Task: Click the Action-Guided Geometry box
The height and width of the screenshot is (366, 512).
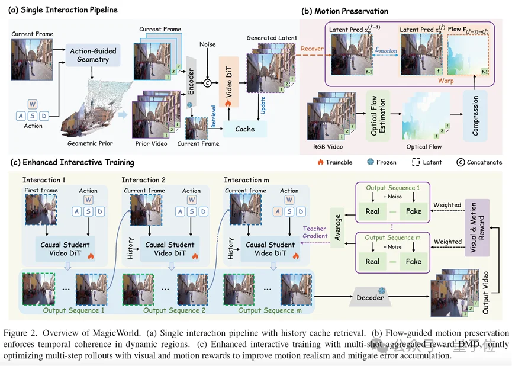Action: click(x=93, y=55)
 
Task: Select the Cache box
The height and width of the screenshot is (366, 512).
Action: click(x=244, y=129)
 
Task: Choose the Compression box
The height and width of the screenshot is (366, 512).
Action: click(x=475, y=114)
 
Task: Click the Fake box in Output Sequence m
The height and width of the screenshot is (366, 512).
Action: click(x=414, y=261)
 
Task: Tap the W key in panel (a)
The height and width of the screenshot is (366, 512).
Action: click(x=33, y=104)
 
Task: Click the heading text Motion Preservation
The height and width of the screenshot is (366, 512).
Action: click(x=352, y=11)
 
